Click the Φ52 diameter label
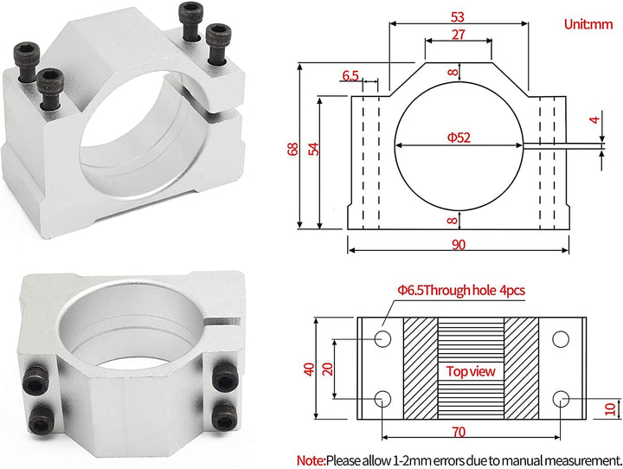pyautogui.click(x=459, y=138)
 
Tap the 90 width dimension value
pyautogui.click(x=459, y=245)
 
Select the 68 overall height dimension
pyautogui.click(x=292, y=149)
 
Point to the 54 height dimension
pyautogui.click(x=314, y=149)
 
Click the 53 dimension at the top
pyautogui.click(x=458, y=17)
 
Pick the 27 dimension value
pyautogui.click(x=458, y=35)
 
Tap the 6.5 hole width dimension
pyautogui.click(x=350, y=75)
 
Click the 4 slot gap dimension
pyautogui.click(x=594, y=119)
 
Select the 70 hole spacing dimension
pyautogui.click(x=459, y=432)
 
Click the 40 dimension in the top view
pyautogui.click(x=309, y=369)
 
